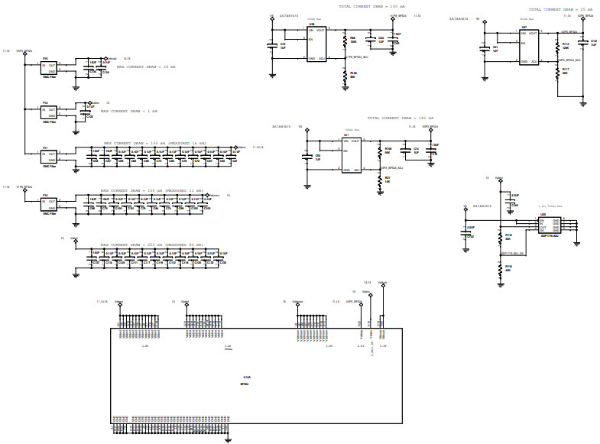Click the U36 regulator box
point(316,44)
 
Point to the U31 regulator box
point(352,155)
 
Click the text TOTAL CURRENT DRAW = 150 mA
point(372,6)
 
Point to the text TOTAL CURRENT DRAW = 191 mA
point(401,118)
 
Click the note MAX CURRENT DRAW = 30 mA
point(148,66)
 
